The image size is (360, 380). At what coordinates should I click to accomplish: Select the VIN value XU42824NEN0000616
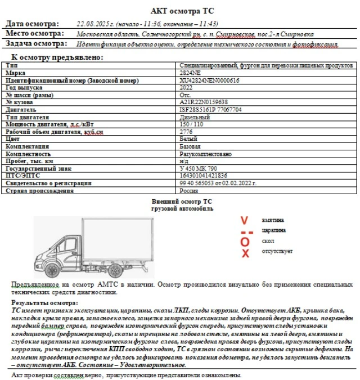[209, 81]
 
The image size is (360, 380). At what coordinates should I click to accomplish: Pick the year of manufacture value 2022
[186, 88]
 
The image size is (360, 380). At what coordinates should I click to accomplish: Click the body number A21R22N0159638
[204, 102]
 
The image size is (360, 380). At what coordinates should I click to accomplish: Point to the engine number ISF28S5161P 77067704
[211, 110]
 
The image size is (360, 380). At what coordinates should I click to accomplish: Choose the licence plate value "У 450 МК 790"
[198, 168]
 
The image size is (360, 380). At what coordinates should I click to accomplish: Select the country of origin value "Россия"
[188, 191]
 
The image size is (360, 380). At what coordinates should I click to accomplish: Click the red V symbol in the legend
[244, 220]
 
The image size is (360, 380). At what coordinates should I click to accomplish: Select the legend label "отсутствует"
[277, 251]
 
